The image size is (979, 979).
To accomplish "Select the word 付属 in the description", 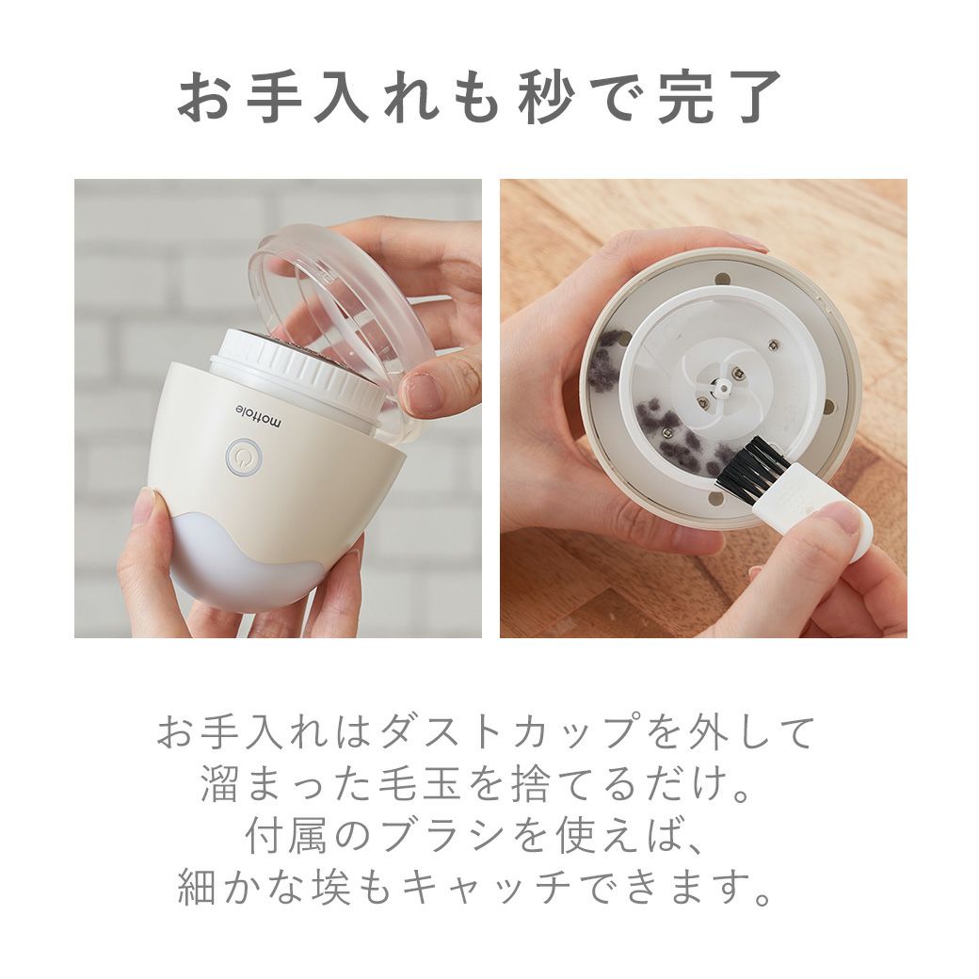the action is [x=285, y=837].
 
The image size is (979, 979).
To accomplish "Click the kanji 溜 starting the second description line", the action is [x=219, y=785].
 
